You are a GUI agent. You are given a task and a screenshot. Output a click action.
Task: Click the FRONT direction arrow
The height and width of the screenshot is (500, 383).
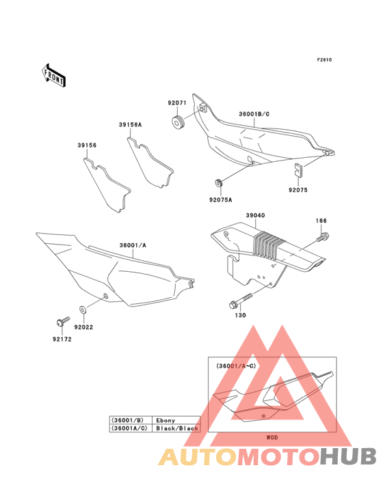coord(53,75)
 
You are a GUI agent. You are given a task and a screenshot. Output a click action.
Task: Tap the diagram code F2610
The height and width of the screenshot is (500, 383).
coord(324,59)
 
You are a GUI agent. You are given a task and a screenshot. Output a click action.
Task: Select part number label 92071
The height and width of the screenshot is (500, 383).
coord(177,102)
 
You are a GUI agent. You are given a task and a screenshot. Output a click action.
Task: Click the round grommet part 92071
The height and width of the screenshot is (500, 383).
coord(179,123)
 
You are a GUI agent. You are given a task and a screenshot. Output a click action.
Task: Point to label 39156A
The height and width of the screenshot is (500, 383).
coord(130,125)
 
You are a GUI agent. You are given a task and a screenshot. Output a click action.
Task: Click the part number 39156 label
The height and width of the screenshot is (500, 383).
coord(87,145)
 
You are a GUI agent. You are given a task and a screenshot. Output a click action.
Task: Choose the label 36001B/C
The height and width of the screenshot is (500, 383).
coord(254,114)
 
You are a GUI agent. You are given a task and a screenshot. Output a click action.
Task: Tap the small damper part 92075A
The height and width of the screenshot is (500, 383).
coord(218,183)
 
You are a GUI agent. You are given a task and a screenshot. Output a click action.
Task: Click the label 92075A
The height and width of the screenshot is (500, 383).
coord(220,200)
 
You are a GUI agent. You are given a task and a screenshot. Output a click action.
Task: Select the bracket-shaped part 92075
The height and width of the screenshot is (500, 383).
coord(298,169)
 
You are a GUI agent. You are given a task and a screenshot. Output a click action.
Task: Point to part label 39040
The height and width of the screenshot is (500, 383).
coord(255,216)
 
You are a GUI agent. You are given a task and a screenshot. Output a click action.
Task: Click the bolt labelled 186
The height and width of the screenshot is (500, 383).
coord(323,237)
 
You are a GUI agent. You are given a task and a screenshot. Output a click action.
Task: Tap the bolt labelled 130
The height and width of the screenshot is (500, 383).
coord(241,301)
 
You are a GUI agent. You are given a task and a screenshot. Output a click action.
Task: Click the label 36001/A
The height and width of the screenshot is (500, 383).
coord(133,245)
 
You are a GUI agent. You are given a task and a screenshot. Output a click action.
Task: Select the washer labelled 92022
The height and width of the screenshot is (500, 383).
coord(82,309)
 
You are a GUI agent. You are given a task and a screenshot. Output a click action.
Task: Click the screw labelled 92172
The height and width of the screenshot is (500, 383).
coord(63,322)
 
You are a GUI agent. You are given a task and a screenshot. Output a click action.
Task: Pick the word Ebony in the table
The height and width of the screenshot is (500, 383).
coord(166,421)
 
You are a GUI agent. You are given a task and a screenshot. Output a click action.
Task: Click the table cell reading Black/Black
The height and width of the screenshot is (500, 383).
coord(177,428)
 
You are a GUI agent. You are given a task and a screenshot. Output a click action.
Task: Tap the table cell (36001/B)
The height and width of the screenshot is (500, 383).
coord(131,420)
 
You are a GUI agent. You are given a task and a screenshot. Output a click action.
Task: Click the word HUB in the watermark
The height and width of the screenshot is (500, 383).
coord(348,456)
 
